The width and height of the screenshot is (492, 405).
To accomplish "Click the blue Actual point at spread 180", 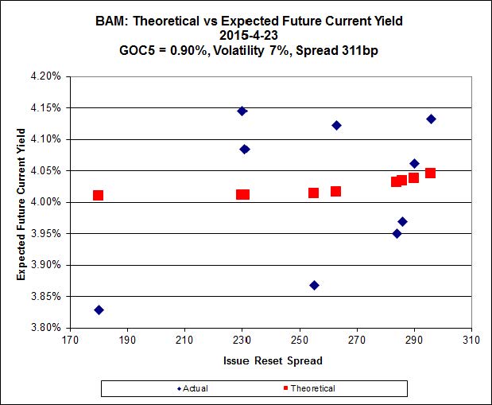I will [x=99, y=310].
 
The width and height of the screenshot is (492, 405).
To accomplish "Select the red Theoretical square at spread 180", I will [x=99, y=195].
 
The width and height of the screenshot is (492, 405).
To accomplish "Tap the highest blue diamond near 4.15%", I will [x=242, y=111].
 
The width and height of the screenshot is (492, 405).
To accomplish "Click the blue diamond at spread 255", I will [x=314, y=285].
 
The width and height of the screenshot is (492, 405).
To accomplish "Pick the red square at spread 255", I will [x=314, y=193].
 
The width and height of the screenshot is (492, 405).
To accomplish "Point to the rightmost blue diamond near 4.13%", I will [x=431, y=119].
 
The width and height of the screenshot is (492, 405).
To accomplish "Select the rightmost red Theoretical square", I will [x=431, y=173].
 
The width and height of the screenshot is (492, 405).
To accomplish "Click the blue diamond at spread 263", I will [x=336, y=125].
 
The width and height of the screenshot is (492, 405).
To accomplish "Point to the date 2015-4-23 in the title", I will [x=246, y=34].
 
